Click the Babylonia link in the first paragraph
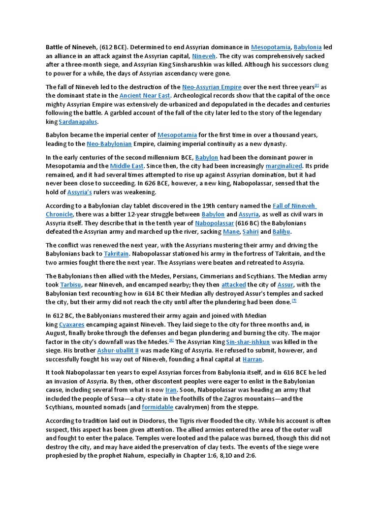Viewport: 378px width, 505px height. coord(308,47)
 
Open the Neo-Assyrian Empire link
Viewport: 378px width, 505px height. coord(212,87)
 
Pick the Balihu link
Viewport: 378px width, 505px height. coord(281,231)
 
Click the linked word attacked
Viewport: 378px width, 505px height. coord(233,285)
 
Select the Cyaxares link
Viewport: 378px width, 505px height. coord(72,324)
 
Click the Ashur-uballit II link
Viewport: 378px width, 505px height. coord(118,350)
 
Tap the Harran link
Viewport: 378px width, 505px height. coord(252,359)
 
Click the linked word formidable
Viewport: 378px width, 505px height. coord(157,407)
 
